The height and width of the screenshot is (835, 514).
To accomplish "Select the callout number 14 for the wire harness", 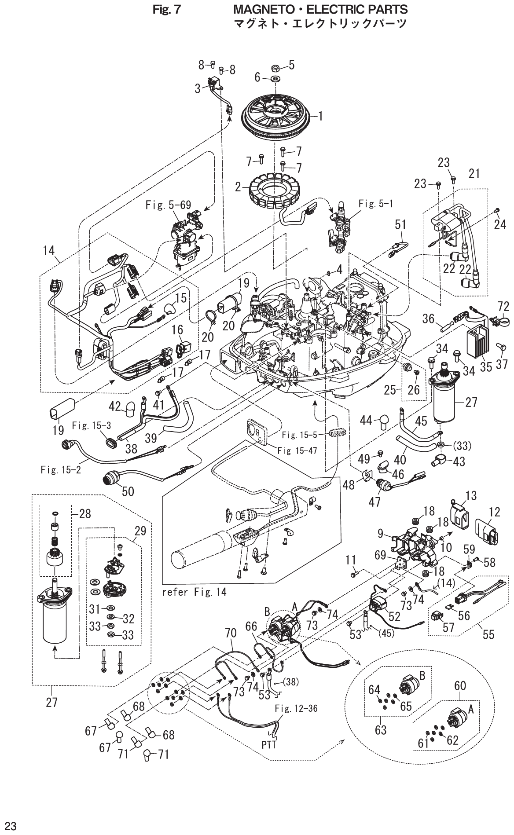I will click(48, 251).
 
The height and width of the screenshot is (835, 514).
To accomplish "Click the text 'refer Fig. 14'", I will click(194, 592).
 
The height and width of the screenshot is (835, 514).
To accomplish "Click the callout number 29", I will click(140, 531).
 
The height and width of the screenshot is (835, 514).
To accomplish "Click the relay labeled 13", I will click(458, 513).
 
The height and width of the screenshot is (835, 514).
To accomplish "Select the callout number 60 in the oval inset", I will click(460, 685).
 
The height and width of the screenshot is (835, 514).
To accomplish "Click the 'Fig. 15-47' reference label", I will click(297, 451).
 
